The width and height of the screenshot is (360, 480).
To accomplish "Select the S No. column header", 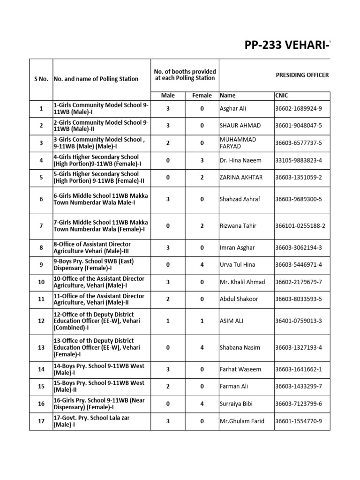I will (41, 79).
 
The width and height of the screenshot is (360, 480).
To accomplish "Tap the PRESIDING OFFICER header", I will (302, 75).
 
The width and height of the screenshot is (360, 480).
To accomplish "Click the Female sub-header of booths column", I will (202, 96).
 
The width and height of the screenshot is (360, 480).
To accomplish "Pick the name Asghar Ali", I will (233, 108).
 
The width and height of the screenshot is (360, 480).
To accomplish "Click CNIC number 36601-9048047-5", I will (299, 126).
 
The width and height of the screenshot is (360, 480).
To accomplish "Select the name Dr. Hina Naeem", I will (240, 160).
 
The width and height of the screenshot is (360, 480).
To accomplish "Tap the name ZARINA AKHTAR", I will (240, 178).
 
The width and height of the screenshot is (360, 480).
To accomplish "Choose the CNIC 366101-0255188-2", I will (300, 226).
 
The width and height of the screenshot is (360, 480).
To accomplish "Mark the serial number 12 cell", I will (41, 321).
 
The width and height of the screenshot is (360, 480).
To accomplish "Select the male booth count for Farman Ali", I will (168, 386).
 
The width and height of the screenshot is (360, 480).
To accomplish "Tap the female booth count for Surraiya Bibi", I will (202, 404).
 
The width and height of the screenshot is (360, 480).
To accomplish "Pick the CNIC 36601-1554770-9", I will (299, 421).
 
